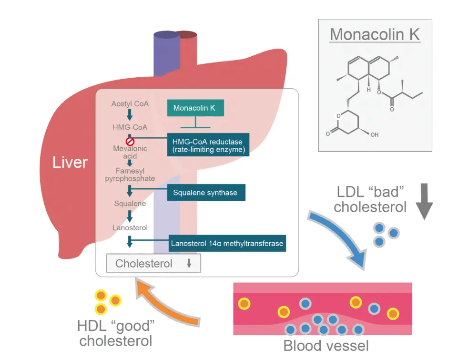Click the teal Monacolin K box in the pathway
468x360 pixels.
pyautogui.click(x=194, y=108)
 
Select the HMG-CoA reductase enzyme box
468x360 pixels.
pyautogui.click(x=207, y=145)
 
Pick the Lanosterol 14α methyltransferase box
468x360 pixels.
pyautogui.click(x=227, y=243)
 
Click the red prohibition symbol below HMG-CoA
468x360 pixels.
pyautogui.click(x=130, y=141)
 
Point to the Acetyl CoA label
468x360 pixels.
pyautogui.click(x=130, y=103)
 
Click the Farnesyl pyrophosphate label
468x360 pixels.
pyautogui.click(x=130, y=175)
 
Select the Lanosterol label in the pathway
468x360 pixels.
pyautogui.click(x=130, y=227)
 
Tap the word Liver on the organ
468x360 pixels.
pyautogui.click(x=70, y=162)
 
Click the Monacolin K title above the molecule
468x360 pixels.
pyautogui.click(x=375, y=34)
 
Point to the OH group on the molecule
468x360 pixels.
pyautogui.click(x=374, y=135)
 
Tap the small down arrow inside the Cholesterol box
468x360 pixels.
pyautogui.click(x=189, y=264)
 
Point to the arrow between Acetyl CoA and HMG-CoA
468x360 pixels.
pyautogui.click(x=130, y=115)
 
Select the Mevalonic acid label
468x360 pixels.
pyautogui.click(x=130, y=152)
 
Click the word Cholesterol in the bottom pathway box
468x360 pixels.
pyautogui.click(x=144, y=264)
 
